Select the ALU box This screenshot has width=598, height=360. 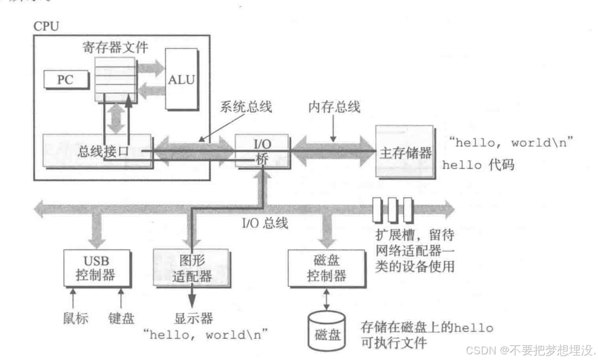(181, 79)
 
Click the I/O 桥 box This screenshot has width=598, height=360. (262, 150)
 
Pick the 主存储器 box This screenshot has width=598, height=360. (404, 152)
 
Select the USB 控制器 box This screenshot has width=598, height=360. (94, 268)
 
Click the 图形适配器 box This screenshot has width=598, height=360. (191, 268)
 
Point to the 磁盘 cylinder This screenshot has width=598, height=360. (327, 330)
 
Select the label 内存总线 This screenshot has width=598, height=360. (334, 107)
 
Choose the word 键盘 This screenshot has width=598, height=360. (121, 318)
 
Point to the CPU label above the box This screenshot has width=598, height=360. (46, 26)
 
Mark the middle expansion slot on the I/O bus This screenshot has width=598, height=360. (393, 209)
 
